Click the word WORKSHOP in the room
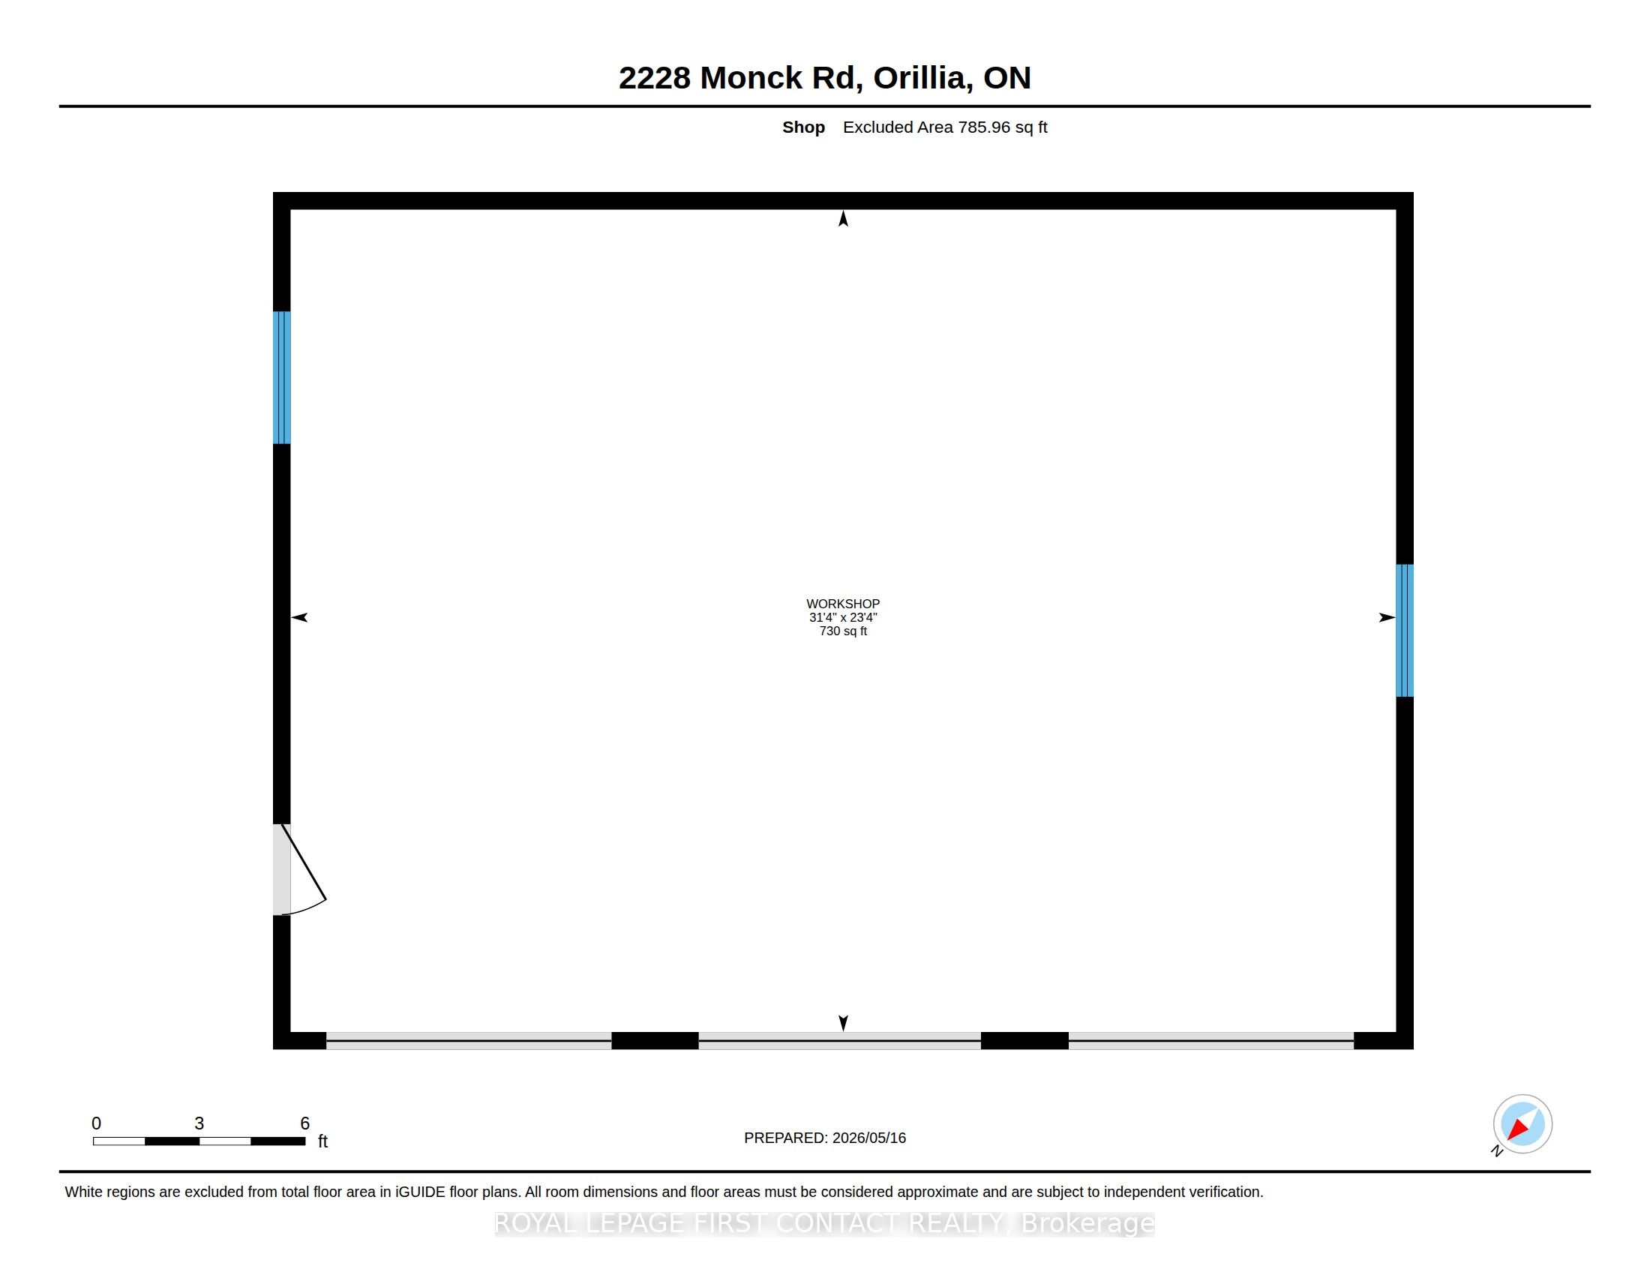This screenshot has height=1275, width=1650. (x=842, y=604)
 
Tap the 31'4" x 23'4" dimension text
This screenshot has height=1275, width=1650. (x=842, y=617)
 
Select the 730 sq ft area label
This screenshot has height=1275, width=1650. (x=842, y=631)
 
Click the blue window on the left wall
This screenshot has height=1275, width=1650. (x=282, y=377)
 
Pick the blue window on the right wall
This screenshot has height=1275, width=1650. (x=1405, y=630)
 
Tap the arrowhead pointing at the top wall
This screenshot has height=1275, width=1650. (x=843, y=218)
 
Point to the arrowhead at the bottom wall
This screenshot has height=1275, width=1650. (x=843, y=1023)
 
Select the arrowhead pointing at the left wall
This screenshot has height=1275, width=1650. (x=300, y=617)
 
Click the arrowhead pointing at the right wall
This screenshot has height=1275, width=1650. (x=1387, y=617)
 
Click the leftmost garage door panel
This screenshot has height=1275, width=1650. (x=469, y=1040)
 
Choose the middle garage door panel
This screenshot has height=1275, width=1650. (x=839, y=1040)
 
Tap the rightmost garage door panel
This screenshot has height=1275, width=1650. (x=1211, y=1040)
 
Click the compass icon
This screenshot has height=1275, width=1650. (x=1522, y=1124)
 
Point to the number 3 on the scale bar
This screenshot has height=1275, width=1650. (x=199, y=1123)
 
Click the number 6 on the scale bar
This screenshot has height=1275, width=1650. (x=305, y=1123)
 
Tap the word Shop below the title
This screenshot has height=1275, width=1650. (x=803, y=127)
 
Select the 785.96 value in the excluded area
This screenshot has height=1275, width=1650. (x=984, y=127)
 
